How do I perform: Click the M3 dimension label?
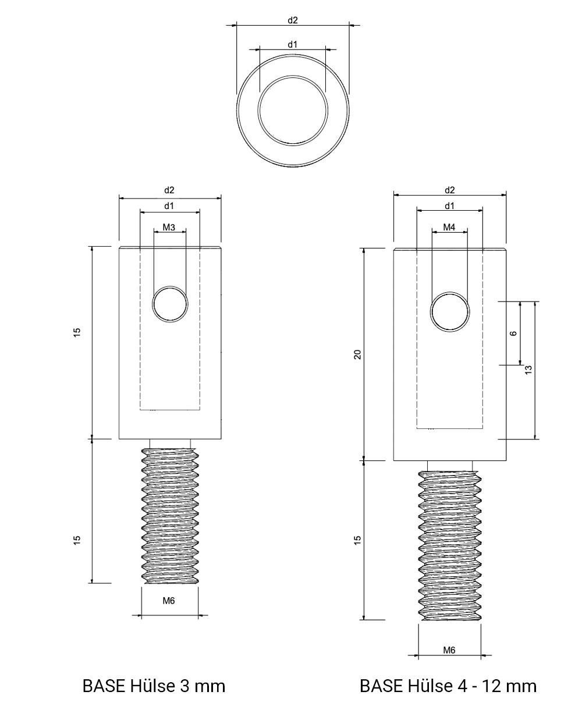169,227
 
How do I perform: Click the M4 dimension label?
449,227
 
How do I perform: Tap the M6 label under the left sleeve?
169,601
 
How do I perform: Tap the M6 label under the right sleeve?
449,650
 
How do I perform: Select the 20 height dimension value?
357,354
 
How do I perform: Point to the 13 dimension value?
528,370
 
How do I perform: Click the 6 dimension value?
513,334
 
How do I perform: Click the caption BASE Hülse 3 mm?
154,686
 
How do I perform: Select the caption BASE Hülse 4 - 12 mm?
448,686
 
